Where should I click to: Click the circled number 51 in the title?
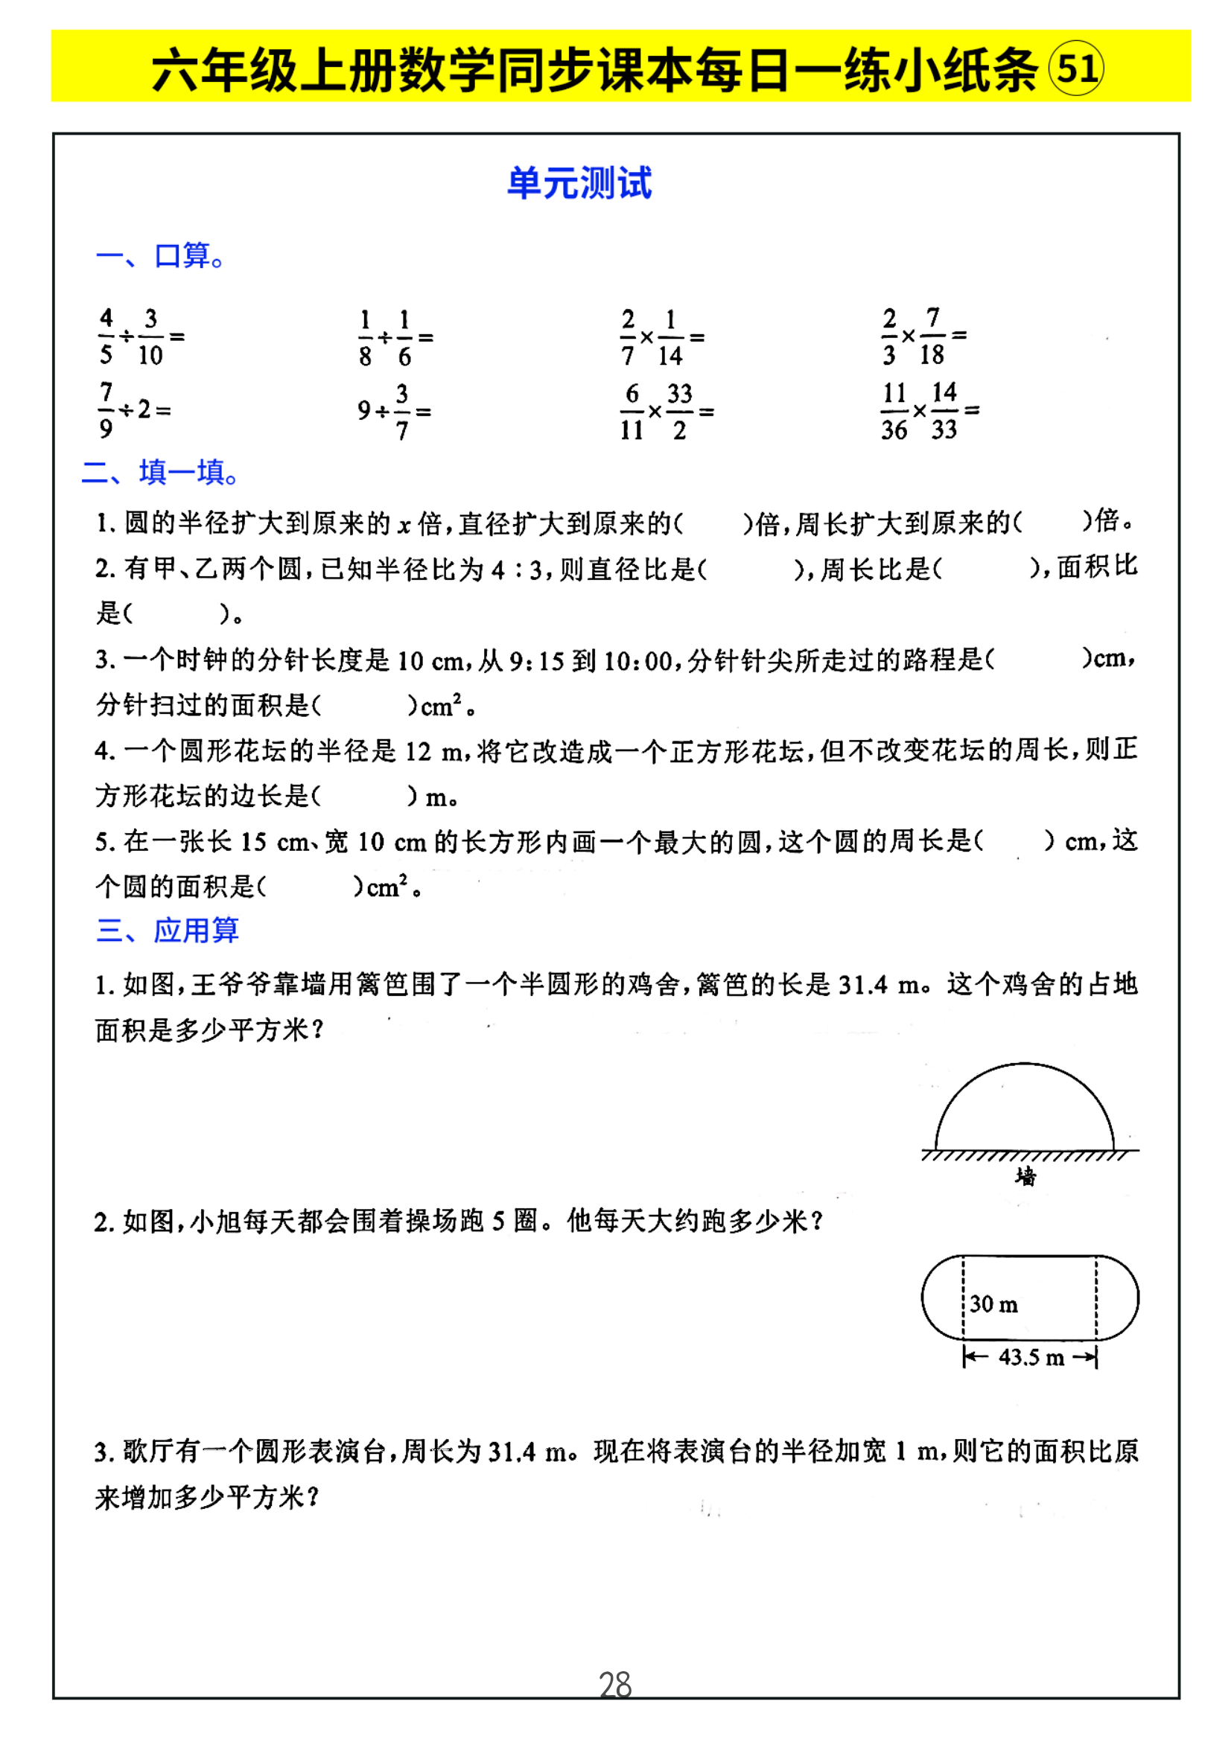coord(1075,69)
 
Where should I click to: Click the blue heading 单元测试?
coord(579,184)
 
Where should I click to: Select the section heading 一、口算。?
coord(161,256)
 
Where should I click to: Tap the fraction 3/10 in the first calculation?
coord(150,336)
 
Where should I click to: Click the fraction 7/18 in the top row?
coord(932,336)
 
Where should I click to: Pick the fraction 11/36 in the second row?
coord(894,412)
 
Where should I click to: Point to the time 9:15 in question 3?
coord(537,662)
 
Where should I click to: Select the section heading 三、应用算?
coord(168,930)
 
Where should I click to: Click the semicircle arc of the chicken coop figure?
coord(1024,1065)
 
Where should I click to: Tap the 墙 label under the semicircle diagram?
coord(1025,1176)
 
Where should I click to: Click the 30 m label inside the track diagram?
coord(993,1304)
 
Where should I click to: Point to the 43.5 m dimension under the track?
coord(1031,1357)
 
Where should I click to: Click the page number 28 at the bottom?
coord(614,1685)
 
